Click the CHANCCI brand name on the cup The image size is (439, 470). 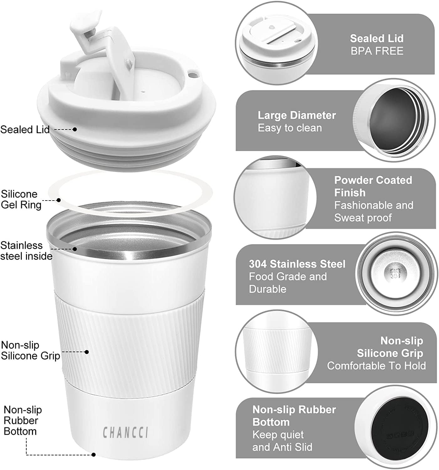point(125,432)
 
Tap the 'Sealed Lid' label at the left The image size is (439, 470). point(25,129)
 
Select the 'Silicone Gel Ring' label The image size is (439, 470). point(21,199)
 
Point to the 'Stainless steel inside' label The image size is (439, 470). point(26,251)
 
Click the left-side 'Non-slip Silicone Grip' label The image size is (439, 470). point(30,350)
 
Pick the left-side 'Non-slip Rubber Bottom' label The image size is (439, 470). point(23,420)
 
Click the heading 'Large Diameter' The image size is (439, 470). point(296,115)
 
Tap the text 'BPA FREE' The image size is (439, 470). point(377,51)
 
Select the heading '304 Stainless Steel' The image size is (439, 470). point(297,264)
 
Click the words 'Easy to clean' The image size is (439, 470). point(290,128)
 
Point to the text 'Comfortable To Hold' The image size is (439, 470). point(376,366)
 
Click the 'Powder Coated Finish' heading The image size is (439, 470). point(373,186)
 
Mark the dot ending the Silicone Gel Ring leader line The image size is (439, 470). point(59,200)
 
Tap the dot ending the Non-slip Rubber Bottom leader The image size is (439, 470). point(93,455)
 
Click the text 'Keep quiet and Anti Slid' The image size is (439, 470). point(282,441)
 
